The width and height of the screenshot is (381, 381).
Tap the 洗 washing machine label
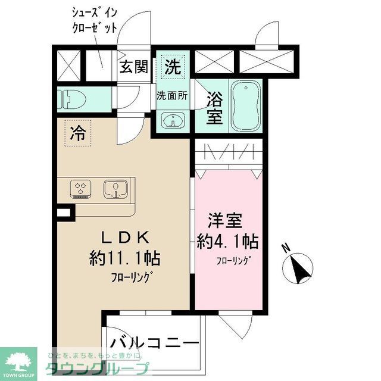[172, 67]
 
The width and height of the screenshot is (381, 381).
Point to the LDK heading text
[124, 238]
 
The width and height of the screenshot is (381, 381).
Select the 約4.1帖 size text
[227, 242]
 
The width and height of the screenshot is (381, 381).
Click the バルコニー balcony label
[154, 345]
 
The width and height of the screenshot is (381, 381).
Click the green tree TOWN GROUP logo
[18, 361]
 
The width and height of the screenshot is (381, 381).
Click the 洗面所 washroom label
[172, 95]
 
